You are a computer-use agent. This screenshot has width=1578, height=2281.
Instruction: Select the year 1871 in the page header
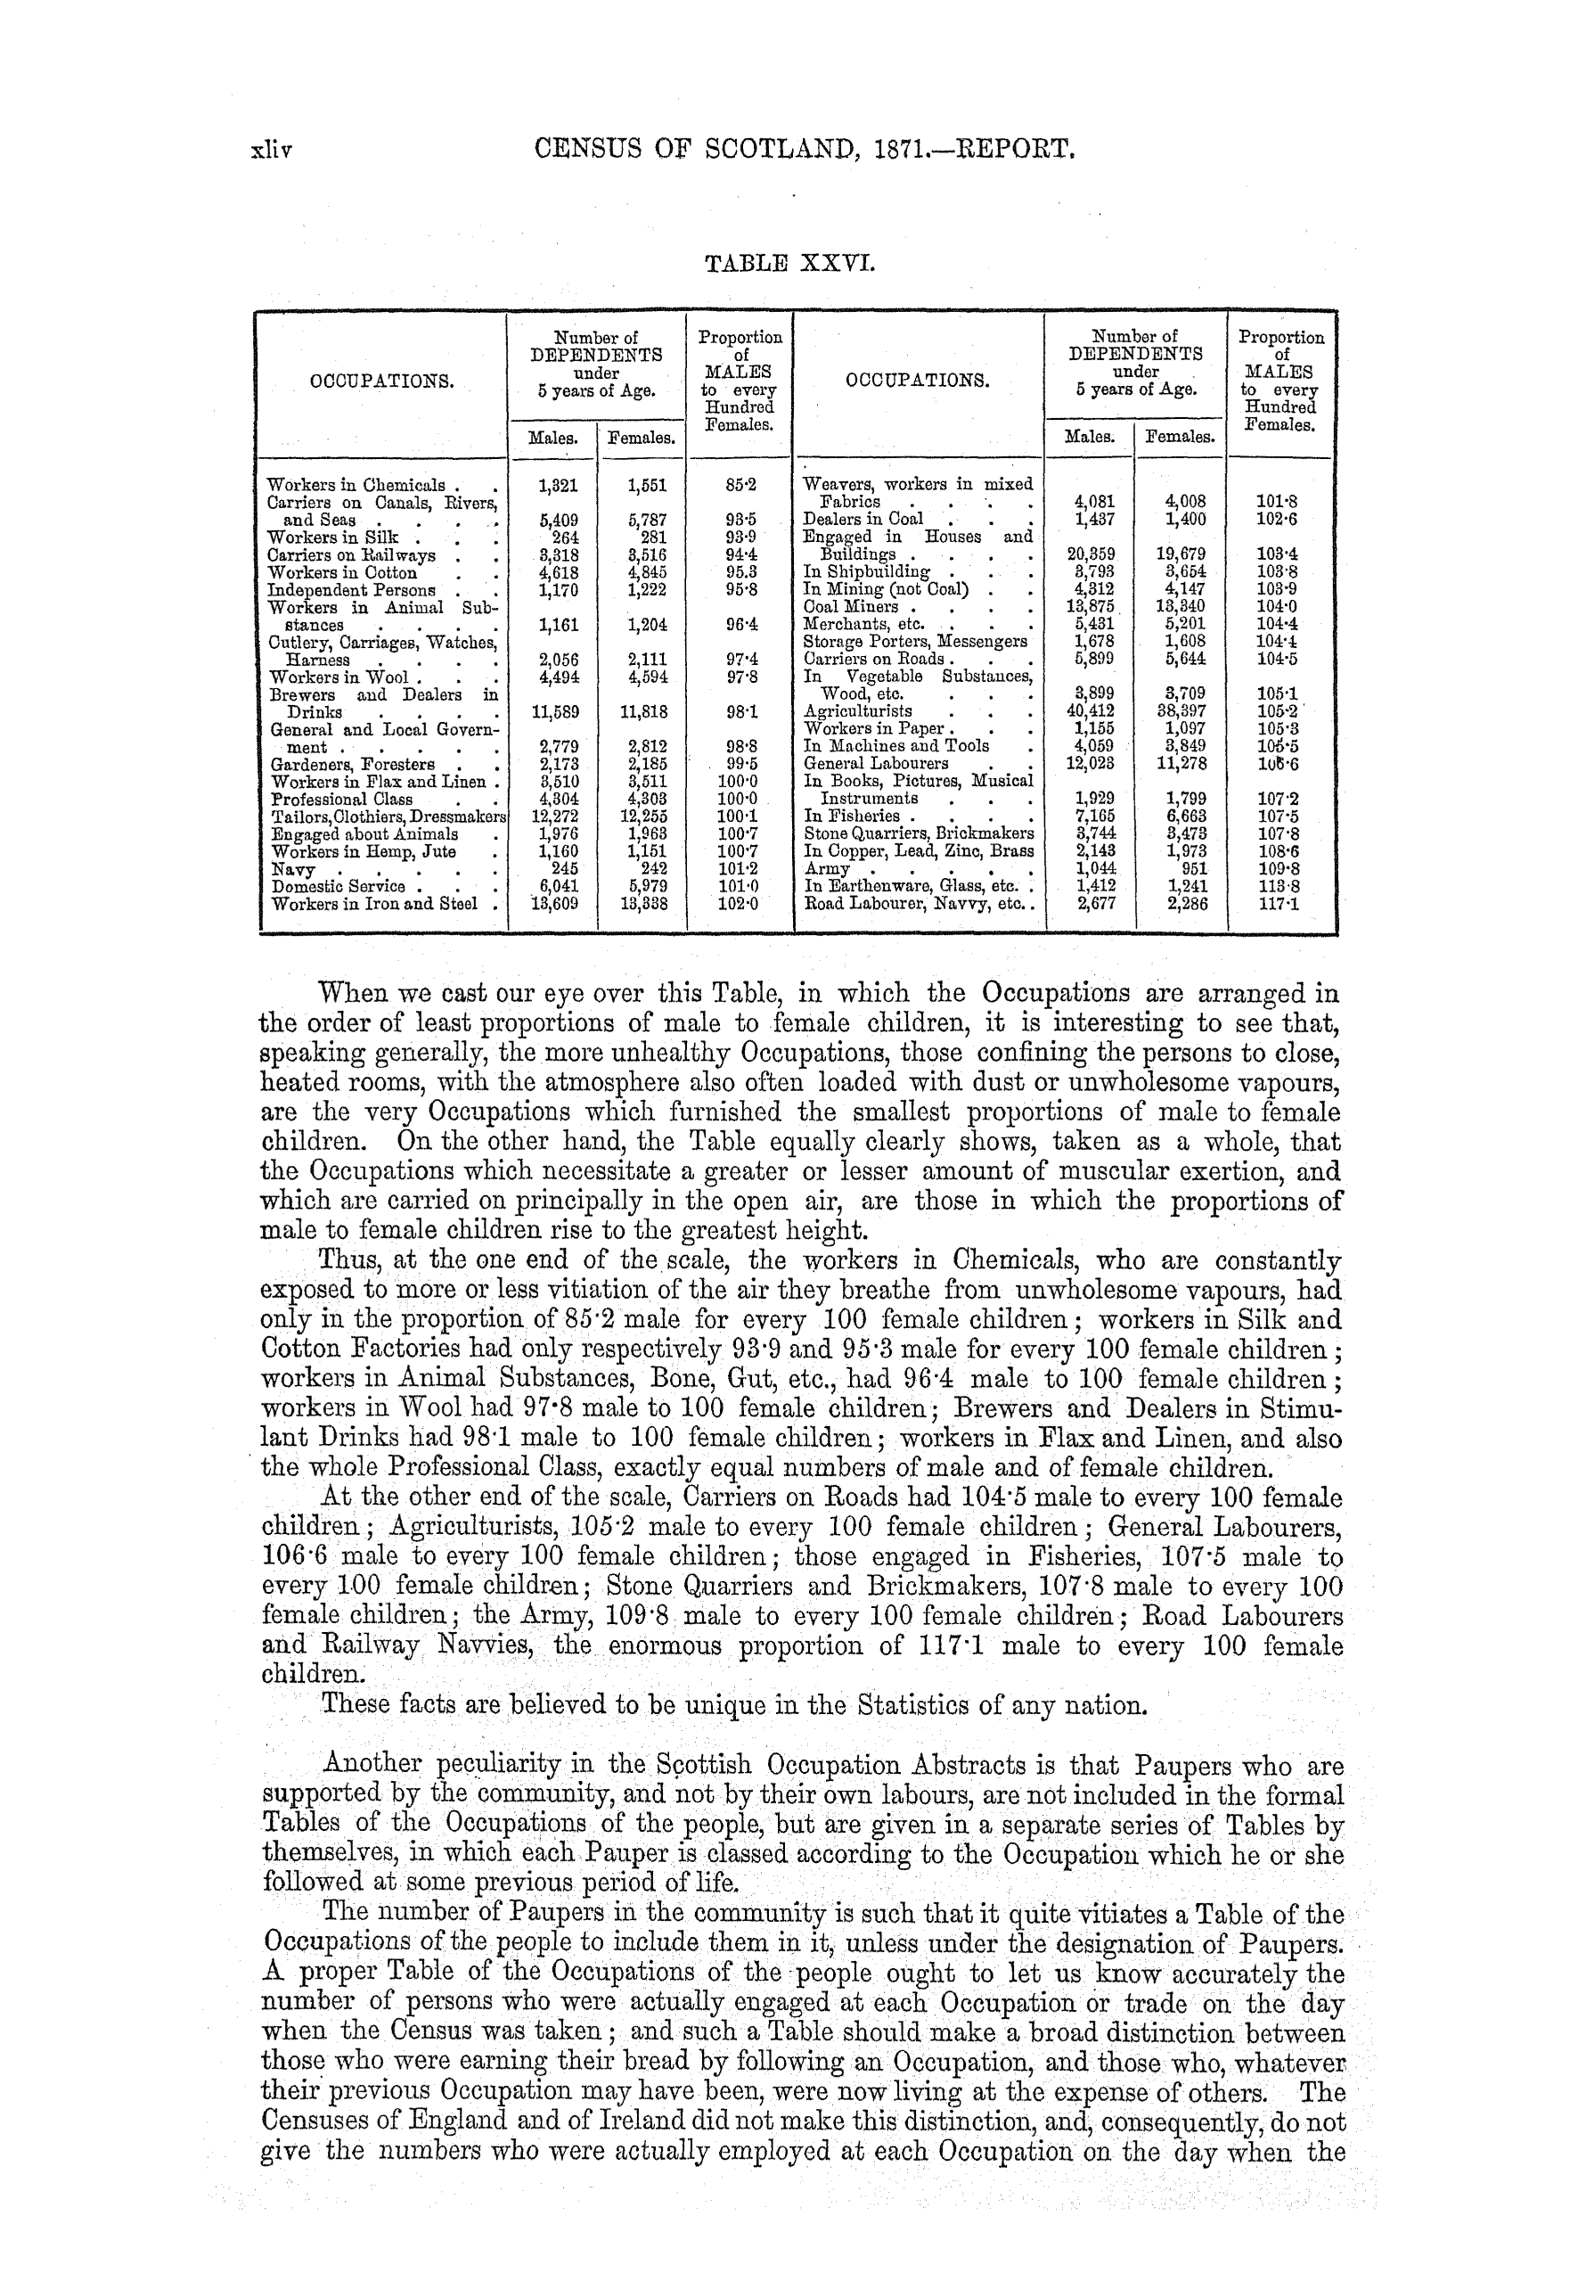click(x=895, y=150)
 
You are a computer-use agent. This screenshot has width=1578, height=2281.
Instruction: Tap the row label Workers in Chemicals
click(x=357, y=486)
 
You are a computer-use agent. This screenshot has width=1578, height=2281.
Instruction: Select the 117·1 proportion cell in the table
click(x=1280, y=903)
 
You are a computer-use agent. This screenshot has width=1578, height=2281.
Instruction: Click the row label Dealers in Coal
click(x=863, y=520)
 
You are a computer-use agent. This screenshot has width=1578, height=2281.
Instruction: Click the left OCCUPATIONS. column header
click(x=382, y=381)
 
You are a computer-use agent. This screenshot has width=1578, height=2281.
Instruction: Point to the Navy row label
click(x=294, y=868)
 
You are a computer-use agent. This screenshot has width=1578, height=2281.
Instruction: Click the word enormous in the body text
click(x=666, y=1647)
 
